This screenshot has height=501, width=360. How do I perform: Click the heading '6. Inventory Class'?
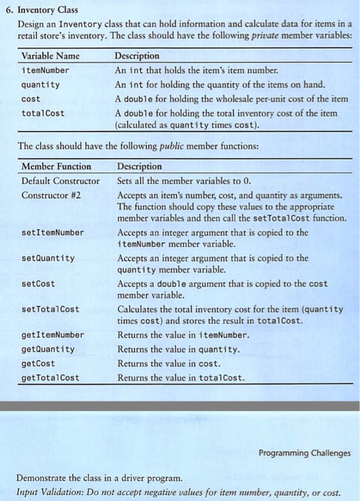point(43,9)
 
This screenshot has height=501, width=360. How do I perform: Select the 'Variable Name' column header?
point(51,56)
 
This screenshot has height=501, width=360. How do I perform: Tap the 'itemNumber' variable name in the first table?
point(45,70)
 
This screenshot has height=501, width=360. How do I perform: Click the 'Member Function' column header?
point(57,167)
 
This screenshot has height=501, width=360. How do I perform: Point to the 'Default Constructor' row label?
point(61,180)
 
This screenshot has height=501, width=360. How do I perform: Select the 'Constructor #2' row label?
point(52,195)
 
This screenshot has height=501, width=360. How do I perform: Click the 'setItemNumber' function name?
point(53,233)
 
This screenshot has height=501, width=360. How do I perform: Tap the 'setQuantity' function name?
point(48,258)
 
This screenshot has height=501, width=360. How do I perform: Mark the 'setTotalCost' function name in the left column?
point(51,309)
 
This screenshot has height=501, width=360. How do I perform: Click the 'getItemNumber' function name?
point(53,335)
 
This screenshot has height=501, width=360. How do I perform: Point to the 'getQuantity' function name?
point(48,349)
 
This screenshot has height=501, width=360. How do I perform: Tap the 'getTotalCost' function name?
point(51,378)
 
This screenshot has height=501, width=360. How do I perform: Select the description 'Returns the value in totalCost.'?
point(180,378)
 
